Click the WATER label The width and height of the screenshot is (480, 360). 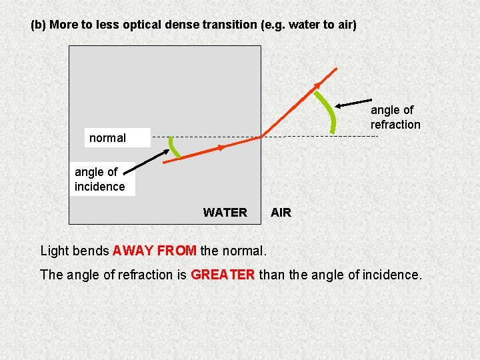(x=225, y=213)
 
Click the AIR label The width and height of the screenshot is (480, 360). (x=281, y=213)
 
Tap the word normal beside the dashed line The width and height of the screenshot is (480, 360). (x=107, y=138)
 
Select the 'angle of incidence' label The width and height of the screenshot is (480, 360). (x=99, y=179)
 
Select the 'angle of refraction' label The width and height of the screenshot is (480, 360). (x=395, y=117)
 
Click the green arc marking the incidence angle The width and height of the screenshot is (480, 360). (x=174, y=148)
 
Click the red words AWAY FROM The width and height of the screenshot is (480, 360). (x=155, y=251)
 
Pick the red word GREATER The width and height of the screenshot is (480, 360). (x=223, y=274)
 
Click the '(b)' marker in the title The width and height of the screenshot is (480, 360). (x=39, y=25)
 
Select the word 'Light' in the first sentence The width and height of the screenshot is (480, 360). (x=55, y=251)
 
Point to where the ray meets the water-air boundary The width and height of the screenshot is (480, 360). (x=261, y=137)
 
